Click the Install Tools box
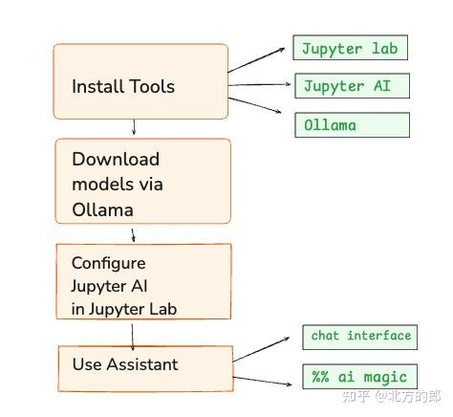[140, 81]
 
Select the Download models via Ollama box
[142, 182]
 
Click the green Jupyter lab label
[351, 49]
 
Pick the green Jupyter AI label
[351, 86]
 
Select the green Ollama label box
[351, 125]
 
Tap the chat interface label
[360, 336]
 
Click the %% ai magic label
[359, 377]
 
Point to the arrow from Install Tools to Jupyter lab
[260, 59]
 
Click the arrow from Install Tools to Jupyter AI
[260, 85]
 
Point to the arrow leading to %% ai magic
[263, 381]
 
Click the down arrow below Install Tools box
[134, 127]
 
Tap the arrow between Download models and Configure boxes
[134, 233]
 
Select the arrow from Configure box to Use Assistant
[133, 333]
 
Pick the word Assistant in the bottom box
[143, 364]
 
